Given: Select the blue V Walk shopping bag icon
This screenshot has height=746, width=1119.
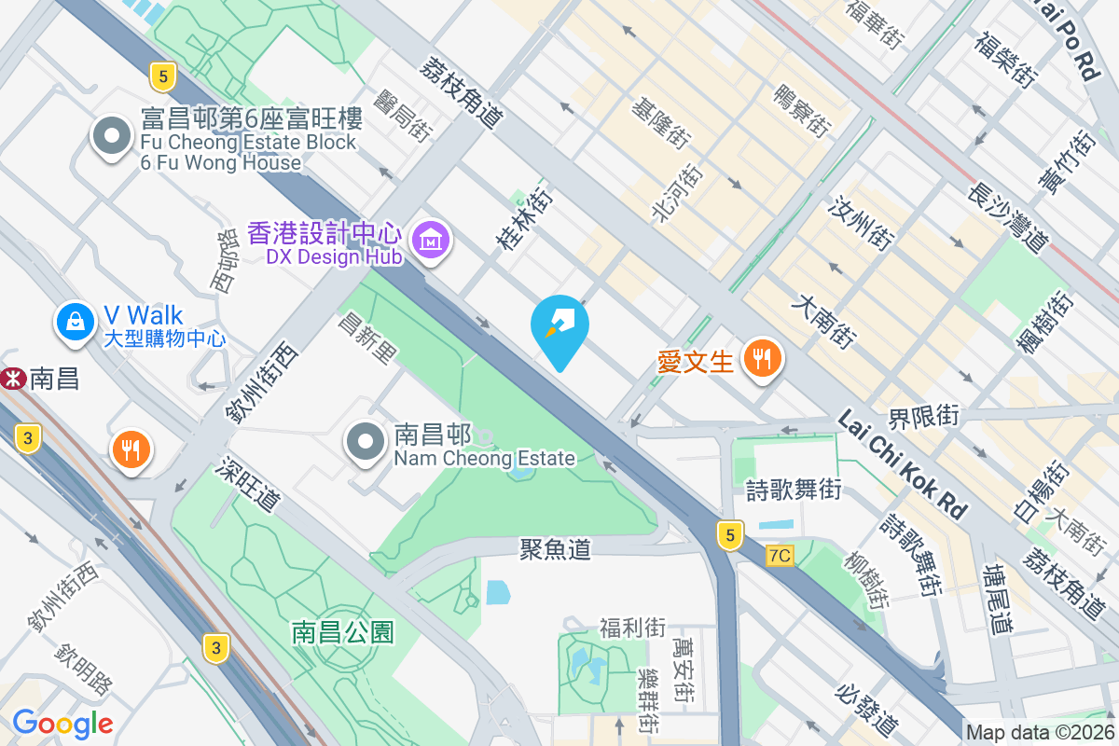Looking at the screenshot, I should coord(75,322).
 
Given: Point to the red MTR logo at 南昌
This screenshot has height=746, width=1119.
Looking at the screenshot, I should coord(12,379).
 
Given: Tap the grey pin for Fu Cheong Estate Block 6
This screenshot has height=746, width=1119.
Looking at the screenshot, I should coord(112,136).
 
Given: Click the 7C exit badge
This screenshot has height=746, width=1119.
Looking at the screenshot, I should coord(780,556).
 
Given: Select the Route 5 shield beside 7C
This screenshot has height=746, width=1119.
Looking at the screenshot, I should coord(731,534).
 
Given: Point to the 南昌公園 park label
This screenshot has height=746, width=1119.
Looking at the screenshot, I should coord(342,632).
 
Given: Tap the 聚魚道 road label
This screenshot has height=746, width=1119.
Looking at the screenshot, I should coord(555,549).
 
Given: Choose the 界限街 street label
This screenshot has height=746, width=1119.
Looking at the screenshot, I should coord(922,417).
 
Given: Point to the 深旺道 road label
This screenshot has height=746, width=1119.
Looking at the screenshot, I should coord(251,484).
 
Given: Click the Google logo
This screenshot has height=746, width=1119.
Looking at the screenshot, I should coord(62,723).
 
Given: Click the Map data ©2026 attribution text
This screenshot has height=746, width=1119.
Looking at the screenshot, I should coord(1040,733).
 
